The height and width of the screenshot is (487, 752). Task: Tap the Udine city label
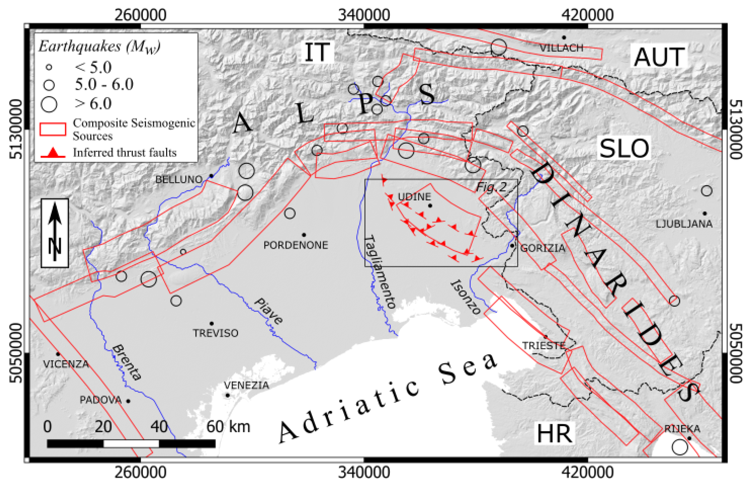click(x=414, y=197)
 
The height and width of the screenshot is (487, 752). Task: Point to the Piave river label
click(x=268, y=311)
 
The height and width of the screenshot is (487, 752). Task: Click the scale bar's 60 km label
click(x=228, y=427)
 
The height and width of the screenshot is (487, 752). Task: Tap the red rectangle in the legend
click(x=53, y=129)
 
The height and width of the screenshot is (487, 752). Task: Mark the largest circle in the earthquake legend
click(x=49, y=104)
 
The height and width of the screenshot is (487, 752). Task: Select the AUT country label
click(x=659, y=57)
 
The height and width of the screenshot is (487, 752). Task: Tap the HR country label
click(x=554, y=434)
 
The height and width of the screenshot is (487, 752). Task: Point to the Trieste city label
click(x=544, y=345)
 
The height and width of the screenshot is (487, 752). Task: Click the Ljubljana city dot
click(x=705, y=213)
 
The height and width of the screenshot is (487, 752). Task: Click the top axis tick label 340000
click(x=364, y=15)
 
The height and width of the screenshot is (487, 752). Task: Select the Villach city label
click(x=561, y=48)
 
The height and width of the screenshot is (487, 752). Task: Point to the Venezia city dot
click(x=228, y=395)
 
